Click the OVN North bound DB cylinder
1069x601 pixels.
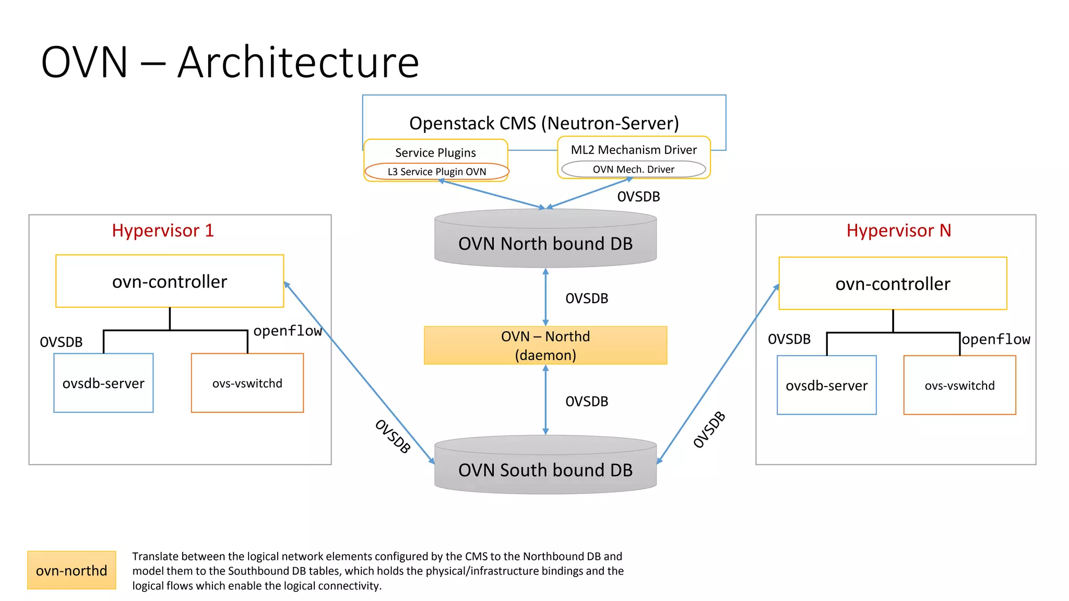[545, 243]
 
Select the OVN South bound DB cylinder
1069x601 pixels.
[545, 470]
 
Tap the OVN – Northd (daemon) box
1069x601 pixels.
[545, 345]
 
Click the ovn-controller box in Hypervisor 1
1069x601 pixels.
[170, 281]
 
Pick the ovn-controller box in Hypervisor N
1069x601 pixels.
[893, 283]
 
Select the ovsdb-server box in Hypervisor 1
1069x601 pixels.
[103, 383]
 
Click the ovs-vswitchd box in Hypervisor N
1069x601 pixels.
[959, 386]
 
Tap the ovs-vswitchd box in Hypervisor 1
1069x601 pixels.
[247, 383]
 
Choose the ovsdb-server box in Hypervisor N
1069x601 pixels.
[826, 386]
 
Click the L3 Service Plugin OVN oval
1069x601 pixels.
[436, 172]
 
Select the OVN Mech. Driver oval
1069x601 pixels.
[633, 169]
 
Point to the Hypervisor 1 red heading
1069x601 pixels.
[163, 230]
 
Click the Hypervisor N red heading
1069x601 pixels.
[898, 230]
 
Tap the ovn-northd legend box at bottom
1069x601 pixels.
[72, 570]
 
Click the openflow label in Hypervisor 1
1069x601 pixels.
[287, 331]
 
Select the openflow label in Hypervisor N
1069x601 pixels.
[995, 339]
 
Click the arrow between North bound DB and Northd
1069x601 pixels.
[545, 297]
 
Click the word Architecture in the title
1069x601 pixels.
[298, 63]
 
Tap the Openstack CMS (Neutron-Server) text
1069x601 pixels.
[544, 123]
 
